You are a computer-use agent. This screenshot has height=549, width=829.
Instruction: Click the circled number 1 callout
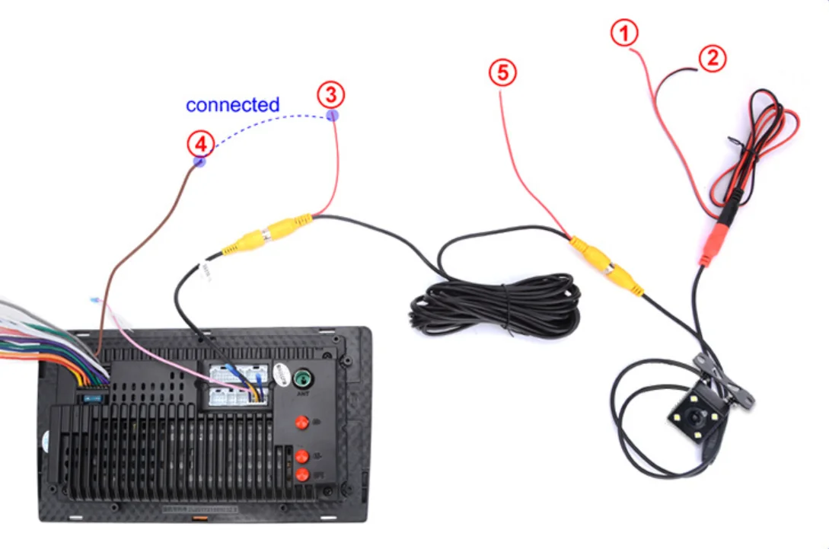[x=624, y=34]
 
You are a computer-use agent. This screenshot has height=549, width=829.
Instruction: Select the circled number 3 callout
[x=330, y=95]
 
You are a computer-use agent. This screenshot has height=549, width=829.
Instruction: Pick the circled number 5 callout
[x=502, y=73]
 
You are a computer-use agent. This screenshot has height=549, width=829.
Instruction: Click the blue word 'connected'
[x=232, y=104]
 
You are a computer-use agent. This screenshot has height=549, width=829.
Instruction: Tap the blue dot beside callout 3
[x=333, y=115]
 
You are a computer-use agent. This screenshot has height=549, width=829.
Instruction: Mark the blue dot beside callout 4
[x=199, y=161]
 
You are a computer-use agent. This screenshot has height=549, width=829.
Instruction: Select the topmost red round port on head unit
[x=301, y=422]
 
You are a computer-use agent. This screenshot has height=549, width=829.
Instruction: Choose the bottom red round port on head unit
[x=301, y=474]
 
